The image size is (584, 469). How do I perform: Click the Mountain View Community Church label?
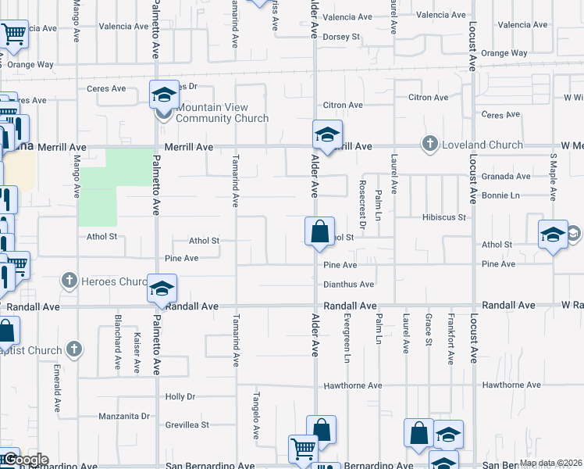(223, 113)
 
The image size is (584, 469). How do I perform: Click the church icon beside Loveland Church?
(429, 144)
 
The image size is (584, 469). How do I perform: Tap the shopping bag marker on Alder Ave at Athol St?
(319, 232)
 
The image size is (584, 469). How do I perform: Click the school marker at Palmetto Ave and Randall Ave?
(162, 289)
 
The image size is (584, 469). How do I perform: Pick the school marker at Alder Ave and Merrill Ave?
(328, 134)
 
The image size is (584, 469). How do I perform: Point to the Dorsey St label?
(342, 36)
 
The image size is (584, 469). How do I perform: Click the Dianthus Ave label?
(349, 285)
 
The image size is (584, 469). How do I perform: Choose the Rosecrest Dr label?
(362, 195)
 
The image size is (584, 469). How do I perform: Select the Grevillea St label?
(187, 425)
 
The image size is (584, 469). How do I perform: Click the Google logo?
(25, 460)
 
